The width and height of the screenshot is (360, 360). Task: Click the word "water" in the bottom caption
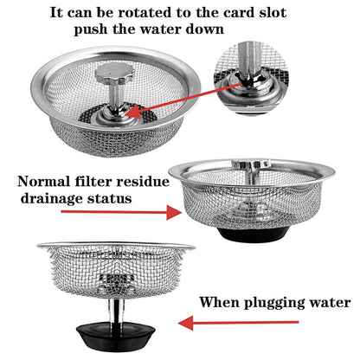coord(330,303)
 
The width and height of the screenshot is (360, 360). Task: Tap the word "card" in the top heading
coord(236,11)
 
